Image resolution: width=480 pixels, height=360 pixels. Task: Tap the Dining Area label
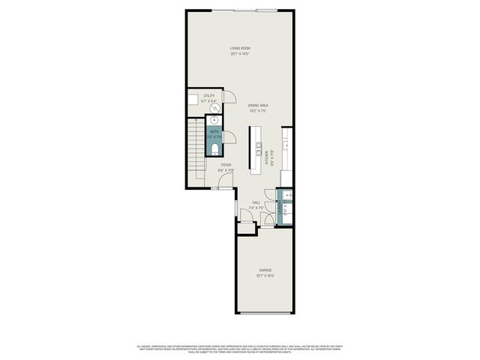pyautogui.click(x=258, y=105)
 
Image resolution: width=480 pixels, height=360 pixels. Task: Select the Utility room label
pyautogui.click(x=208, y=96)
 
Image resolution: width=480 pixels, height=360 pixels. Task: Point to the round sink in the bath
pyautogui.click(x=215, y=120)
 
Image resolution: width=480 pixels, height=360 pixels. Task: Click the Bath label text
pyautogui.click(x=214, y=132)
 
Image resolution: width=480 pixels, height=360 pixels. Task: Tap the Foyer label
pyautogui.click(x=226, y=164)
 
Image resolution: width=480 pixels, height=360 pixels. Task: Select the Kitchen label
pyautogui.click(x=265, y=158)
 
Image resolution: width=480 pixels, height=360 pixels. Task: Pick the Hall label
pyautogui.click(x=256, y=202)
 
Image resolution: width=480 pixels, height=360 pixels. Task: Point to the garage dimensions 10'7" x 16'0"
pyautogui.click(x=265, y=275)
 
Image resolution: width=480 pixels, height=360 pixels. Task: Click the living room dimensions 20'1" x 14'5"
pyautogui.click(x=240, y=54)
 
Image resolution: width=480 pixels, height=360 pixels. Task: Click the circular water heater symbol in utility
pyautogui.click(x=214, y=107)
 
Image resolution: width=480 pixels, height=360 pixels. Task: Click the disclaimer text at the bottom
pyautogui.click(x=240, y=349)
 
